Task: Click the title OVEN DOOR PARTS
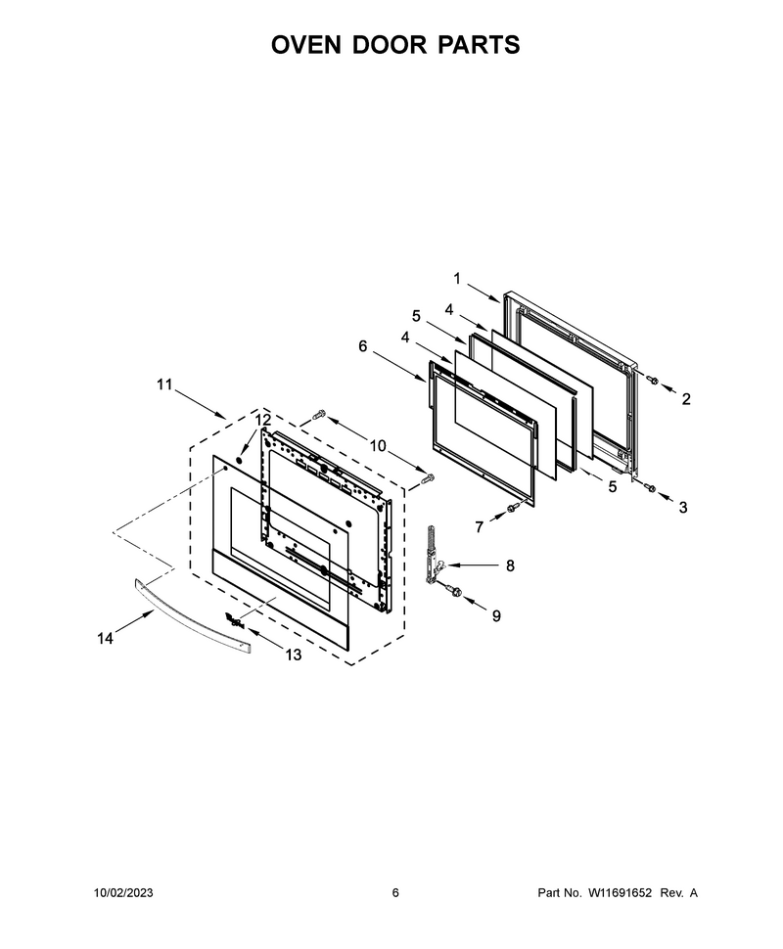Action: (394, 45)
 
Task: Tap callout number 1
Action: (457, 279)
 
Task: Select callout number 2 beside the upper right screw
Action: (685, 399)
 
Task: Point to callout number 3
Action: (683, 507)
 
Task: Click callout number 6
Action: (363, 345)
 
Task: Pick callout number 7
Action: (479, 527)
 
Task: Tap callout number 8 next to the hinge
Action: (510, 565)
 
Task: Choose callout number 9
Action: (496, 616)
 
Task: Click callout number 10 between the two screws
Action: (377, 446)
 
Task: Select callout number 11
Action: (164, 384)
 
